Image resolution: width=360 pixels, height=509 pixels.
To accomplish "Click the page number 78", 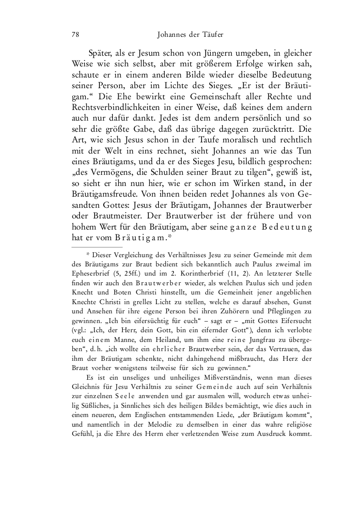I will [x=75, y=34].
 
